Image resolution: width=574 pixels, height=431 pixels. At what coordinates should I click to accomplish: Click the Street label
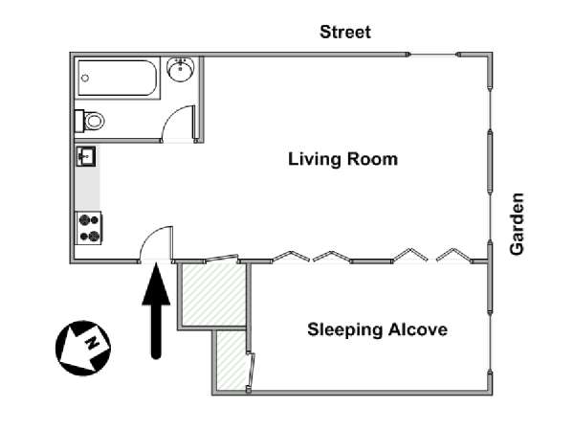tap(345, 32)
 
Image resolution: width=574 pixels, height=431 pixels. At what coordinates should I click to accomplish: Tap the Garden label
tap(517, 223)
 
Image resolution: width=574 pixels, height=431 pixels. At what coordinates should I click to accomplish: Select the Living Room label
tap(343, 159)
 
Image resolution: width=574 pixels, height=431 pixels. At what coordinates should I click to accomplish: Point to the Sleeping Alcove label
tap(378, 329)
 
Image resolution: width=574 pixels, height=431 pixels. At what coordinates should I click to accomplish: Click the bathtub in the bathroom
tap(118, 78)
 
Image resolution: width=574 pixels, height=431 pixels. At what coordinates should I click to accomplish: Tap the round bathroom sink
tap(181, 69)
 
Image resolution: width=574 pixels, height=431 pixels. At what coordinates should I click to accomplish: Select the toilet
tap(90, 121)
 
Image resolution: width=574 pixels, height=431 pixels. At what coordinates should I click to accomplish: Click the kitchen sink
tap(86, 156)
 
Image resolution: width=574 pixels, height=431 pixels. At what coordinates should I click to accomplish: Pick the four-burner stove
tap(89, 228)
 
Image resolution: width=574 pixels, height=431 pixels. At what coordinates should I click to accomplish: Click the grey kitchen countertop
tap(87, 189)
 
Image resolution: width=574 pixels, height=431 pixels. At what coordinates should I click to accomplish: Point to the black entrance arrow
tap(156, 310)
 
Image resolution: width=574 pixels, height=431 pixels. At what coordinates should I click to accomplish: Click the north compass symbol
tap(83, 348)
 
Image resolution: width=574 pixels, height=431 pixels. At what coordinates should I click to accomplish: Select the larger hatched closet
tap(213, 295)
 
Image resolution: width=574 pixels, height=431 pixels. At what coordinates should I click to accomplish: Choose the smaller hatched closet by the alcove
tap(231, 360)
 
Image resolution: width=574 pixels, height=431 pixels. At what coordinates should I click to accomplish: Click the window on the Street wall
tap(433, 55)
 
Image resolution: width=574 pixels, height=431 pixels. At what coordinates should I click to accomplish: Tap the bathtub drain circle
tap(85, 79)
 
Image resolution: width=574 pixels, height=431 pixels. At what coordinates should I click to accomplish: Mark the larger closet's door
tap(222, 258)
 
